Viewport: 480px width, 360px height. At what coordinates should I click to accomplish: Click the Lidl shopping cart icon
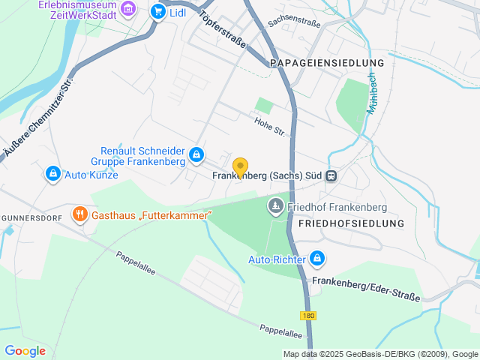click(157, 11)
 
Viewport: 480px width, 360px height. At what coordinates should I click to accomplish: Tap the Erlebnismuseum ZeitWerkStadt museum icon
click(128, 9)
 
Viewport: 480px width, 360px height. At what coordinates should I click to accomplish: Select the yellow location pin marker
click(240, 167)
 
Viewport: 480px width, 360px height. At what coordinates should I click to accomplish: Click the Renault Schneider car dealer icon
click(196, 155)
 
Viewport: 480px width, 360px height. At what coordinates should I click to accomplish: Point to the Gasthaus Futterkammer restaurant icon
click(80, 214)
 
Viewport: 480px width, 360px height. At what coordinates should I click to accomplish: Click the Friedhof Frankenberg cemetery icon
click(276, 205)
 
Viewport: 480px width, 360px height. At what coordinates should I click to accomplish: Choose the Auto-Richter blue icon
click(317, 259)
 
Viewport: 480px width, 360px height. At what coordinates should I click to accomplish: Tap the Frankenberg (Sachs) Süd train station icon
click(331, 175)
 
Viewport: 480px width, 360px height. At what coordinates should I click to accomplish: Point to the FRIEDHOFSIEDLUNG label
click(351, 223)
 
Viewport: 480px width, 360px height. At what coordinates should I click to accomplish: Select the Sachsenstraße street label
click(293, 23)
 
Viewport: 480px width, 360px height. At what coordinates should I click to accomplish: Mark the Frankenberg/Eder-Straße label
click(366, 289)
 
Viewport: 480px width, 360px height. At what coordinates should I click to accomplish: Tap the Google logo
click(25, 350)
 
